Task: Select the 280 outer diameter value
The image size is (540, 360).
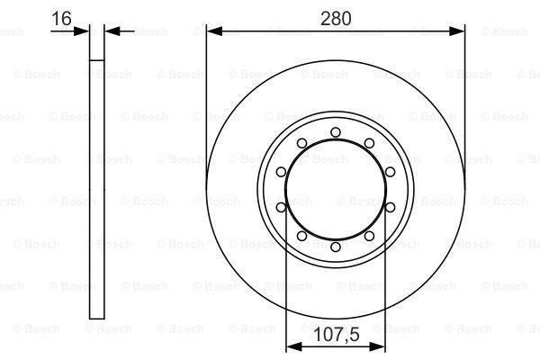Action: point(336,17)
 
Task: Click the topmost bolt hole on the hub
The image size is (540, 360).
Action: point(335,132)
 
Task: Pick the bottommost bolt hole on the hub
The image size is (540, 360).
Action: point(335,247)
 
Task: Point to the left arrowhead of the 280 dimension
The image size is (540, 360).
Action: point(212,31)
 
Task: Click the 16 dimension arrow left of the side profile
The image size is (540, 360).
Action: point(85,31)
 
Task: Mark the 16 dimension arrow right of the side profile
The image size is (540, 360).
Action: point(112,31)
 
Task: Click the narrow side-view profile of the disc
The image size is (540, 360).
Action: point(98,180)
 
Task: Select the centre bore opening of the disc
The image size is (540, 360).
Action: point(335,189)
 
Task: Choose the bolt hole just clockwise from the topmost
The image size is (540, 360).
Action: point(369,143)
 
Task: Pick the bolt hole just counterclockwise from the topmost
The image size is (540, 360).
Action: point(301,143)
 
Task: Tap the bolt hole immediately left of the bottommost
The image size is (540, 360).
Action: point(301,237)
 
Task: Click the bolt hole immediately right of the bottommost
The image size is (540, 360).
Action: point(369,237)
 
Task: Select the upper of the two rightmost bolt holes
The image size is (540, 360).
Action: point(390,172)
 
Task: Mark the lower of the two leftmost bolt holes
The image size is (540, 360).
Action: point(281,207)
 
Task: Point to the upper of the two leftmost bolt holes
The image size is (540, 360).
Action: point(281,172)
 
